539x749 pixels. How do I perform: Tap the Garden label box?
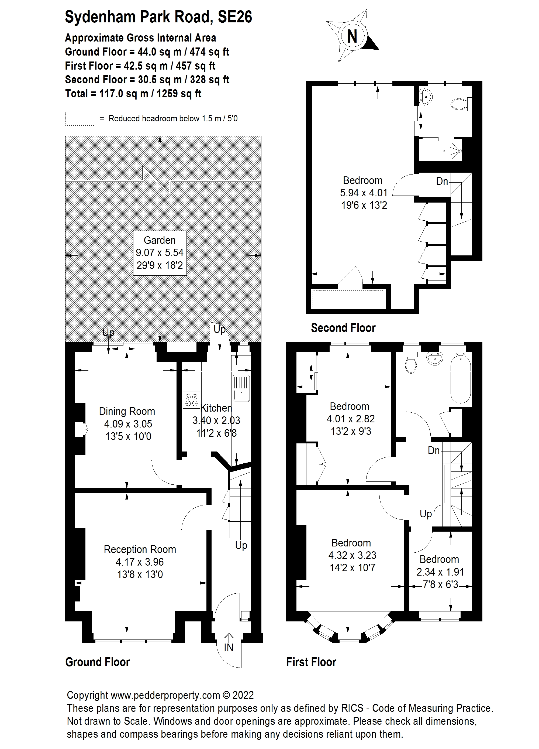point(160,253)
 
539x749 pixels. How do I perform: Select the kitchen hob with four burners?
point(191,400)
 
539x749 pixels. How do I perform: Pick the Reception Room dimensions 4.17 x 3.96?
point(140,562)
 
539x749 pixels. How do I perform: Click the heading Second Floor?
point(343,328)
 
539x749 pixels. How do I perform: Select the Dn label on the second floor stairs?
point(442,181)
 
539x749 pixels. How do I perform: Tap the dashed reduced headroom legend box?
point(80,119)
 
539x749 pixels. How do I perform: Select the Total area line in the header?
point(133,94)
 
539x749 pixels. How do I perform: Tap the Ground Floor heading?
point(98,662)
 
